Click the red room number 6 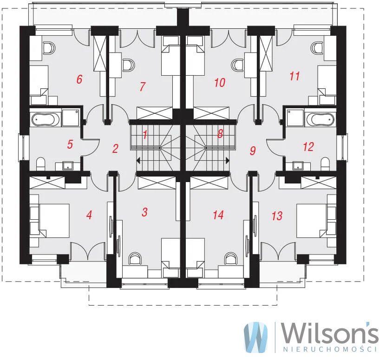(x=79, y=79)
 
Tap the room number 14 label (x=218, y=215)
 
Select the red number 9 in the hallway (x=253, y=151)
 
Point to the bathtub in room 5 (x=46, y=120)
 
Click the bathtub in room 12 (x=320, y=119)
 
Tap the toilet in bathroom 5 (x=40, y=164)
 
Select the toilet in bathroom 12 (x=326, y=164)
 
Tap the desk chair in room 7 (x=129, y=65)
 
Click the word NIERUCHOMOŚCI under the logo (x=330, y=349)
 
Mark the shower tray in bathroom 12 (x=295, y=118)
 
